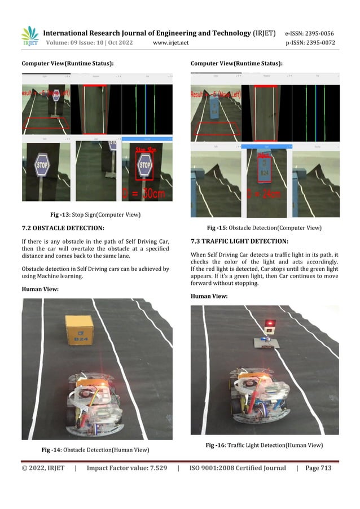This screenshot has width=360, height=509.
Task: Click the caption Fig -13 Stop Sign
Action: click(95, 214)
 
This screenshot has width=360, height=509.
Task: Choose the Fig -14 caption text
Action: click(95, 450)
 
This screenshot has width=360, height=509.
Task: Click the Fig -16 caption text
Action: click(264, 446)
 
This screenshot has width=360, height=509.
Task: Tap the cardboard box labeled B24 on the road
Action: click(80, 329)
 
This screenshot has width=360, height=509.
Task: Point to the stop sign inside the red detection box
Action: click(145, 166)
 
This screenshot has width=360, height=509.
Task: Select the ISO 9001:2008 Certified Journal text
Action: click(238, 468)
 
